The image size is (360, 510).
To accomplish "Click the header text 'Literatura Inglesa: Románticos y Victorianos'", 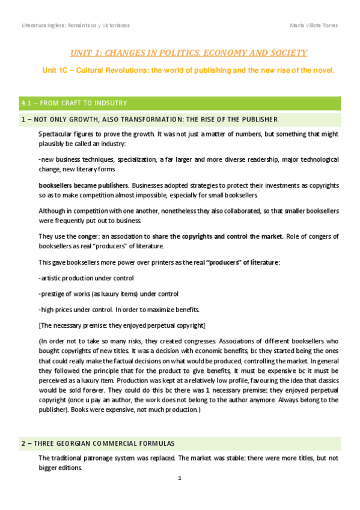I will coord(76,25).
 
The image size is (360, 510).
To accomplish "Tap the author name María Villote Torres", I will coord(313,25).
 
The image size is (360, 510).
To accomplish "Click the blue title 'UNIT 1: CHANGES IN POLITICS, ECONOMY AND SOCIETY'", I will coord(189,53).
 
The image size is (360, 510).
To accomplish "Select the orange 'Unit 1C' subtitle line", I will coord(188,70).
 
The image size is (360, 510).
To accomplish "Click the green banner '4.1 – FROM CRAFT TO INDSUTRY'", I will coord(73,103).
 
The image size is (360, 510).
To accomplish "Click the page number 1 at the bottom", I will coord(180,478).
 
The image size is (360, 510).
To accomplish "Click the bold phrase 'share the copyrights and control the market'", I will coord(217,236).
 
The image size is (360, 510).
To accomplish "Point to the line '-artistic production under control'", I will coord(86,278).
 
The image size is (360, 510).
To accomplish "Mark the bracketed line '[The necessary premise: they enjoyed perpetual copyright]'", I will coord(122,325).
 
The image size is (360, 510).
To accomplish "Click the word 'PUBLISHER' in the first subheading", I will coord(257,119).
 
